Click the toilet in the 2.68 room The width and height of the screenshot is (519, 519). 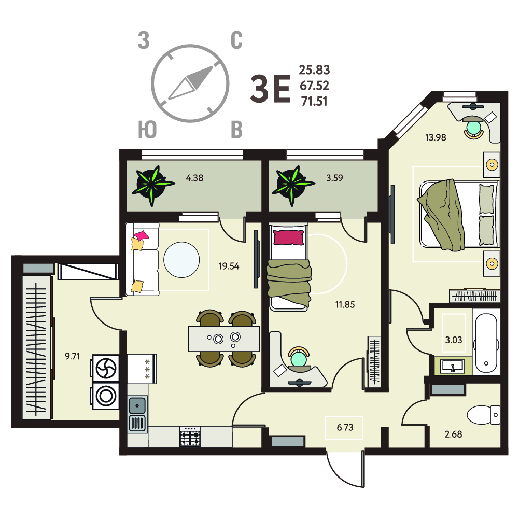(x=484, y=414)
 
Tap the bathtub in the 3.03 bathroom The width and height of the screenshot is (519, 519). (x=486, y=343)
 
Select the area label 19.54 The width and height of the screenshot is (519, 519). (x=229, y=266)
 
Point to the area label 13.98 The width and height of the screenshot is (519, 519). (x=436, y=137)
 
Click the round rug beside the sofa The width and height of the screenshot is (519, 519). (x=181, y=260)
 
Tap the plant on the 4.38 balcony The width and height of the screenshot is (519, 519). (x=152, y=185)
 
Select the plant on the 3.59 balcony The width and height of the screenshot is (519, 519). (x=292, y=185)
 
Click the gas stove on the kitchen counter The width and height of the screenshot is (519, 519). (x=190, y=436)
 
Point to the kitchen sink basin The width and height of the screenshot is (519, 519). (x=137, y=405)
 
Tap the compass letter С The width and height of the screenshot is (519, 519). (x=236, y=40)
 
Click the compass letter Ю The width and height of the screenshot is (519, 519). (x=147, y=130)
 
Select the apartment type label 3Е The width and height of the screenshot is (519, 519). (x=271, y=88)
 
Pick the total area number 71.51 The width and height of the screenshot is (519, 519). (x=314, y=101)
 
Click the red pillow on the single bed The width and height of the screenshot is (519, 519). (x=288, y=237)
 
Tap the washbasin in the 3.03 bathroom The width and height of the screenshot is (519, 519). (x=453, y=366)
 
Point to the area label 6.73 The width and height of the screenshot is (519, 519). (x=345, y=427)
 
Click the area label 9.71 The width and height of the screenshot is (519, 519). (x=72, y=356)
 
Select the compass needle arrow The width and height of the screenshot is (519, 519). (x=190, y=83)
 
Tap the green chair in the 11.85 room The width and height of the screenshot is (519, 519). (x=299, y=357)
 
